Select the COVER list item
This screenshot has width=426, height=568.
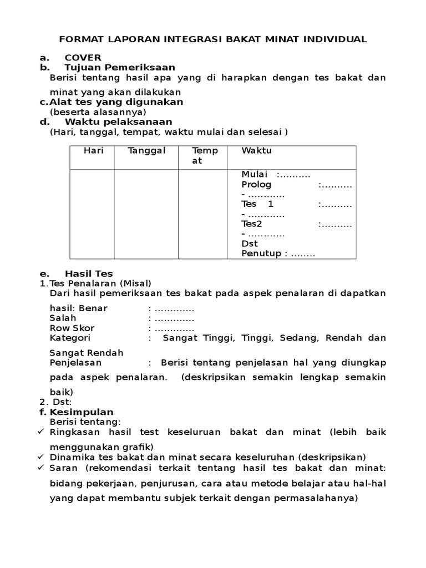[83, 58]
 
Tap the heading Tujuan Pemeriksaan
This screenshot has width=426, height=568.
[120, 68]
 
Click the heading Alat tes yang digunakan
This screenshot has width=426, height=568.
[116, 102]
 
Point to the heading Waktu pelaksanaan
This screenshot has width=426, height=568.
[118, 121]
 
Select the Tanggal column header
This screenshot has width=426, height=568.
[146, 151]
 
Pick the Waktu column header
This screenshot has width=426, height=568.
[257, 151]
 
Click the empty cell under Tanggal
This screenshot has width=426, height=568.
[146, 214]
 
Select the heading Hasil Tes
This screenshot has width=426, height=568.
[89, 273]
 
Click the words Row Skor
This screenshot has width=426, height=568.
[72, 328]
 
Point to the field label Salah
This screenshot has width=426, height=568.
[63, 318]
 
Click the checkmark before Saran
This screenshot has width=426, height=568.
[42, 468]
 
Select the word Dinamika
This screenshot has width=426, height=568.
[70, 457]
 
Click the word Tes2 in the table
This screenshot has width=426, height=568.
[251, 224]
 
